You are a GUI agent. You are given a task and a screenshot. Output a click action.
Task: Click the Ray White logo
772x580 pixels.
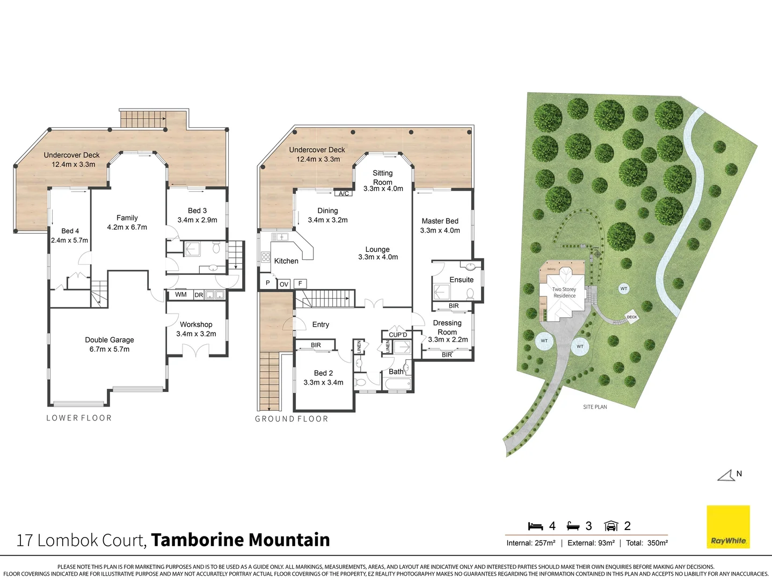(728, 527)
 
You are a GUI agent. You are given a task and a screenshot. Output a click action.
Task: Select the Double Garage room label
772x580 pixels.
(110, 344)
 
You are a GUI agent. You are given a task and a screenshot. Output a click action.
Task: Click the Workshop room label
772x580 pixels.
(196, 329)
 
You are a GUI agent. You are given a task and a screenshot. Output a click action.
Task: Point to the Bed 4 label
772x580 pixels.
(70, 235)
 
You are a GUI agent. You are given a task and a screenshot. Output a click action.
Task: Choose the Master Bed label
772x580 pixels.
(440, 226)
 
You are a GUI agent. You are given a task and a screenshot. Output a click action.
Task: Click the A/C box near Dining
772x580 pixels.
(344, 193)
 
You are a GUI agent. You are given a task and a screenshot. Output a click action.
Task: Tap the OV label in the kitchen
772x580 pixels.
(284, 284)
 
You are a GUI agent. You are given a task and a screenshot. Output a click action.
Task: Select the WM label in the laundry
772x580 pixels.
(181, 294)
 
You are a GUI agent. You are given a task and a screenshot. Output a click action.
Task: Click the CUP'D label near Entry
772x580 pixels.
(398, 335)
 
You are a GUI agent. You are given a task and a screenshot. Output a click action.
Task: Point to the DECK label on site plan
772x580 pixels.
(632, 317)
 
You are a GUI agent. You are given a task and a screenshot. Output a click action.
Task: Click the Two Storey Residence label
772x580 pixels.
(564, 292)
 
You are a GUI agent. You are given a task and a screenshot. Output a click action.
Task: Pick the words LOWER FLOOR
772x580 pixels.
(79, 418)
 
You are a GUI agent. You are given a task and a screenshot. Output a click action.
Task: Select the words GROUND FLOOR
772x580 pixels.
(292, 419)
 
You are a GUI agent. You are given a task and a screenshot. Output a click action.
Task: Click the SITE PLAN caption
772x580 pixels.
(595, 407)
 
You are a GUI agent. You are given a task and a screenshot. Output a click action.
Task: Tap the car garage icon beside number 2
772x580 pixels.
(610, 526)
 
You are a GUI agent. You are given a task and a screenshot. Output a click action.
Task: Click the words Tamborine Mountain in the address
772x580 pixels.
(241, 540)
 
